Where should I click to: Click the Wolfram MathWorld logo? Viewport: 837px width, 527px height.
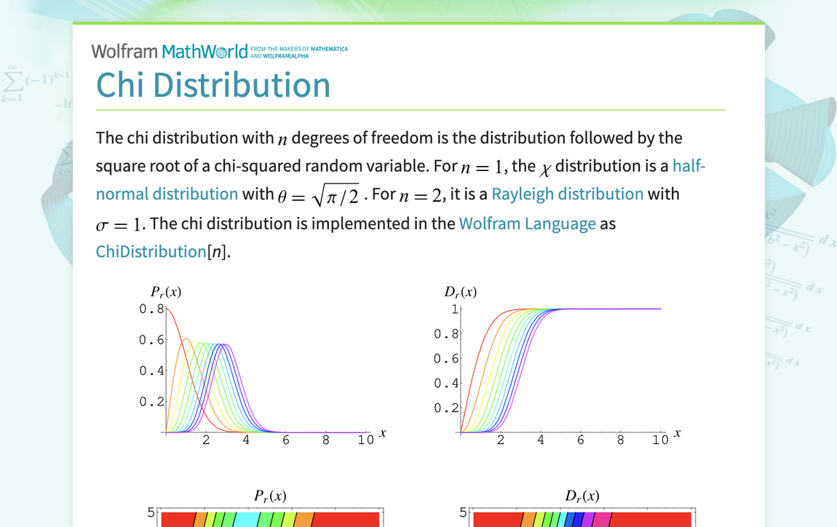pyautogui.click(x=170, y=51)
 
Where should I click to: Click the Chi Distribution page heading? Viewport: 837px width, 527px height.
pyautogui.click(x=213, y=85)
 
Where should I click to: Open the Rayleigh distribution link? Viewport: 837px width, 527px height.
pyautogui.click(x=567, y=194)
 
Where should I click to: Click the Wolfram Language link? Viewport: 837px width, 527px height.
pyautogui.click(x=527, y=223)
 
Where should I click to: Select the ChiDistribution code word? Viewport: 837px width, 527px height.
pyautogui.click(x=151, y=252)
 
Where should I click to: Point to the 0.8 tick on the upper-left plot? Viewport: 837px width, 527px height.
pyautogui.click(x=151, y=309)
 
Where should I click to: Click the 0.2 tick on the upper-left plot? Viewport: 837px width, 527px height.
pyautogui.click(x=151, y=402)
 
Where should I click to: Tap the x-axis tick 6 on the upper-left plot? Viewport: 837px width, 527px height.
pyautogui.click(x=286, y=440)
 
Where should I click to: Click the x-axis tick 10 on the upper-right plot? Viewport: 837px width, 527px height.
pyautogui.click(x=659, y=440)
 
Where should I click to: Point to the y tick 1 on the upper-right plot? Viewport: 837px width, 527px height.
pyautogui.click(x=454, y=309)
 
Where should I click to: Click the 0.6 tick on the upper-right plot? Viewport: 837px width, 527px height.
pyautogui.click(x=446, y=359)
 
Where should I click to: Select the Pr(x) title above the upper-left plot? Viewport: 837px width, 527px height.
pyautogui.click(x=166, y=292)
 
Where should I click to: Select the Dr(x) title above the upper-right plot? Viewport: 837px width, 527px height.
pyautogui.click(x=461, y=292)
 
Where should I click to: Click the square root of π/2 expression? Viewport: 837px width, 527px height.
pyautogui.click(x=333, y=195)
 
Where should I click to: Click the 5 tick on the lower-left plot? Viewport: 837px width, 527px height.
pyautogui.click(x=151, y=512)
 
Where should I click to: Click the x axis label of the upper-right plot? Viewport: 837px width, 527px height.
pyautogui.click(x=677, y=432)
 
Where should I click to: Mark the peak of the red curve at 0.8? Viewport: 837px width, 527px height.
pyautogui.click(x=167, y=309)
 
